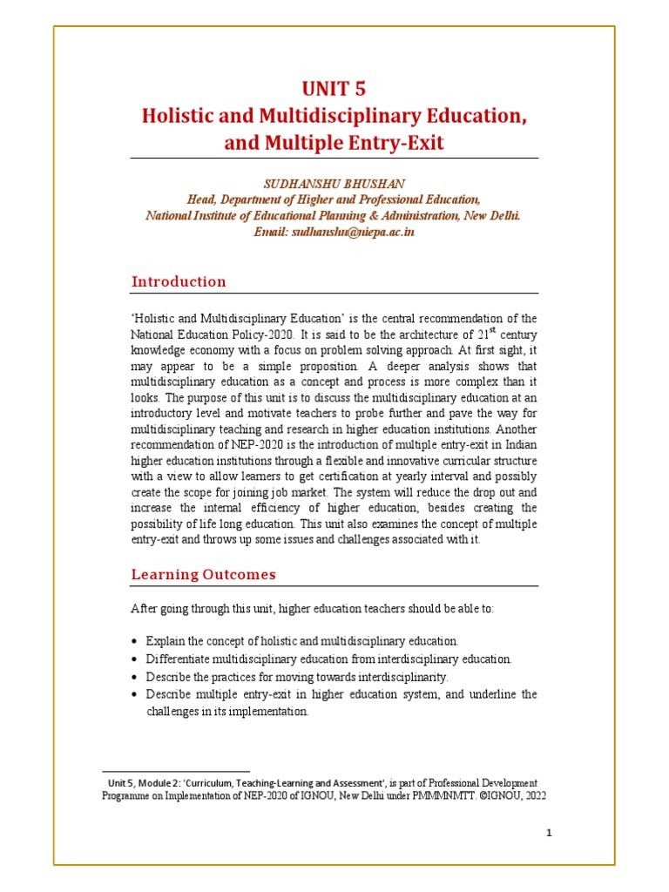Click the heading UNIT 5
[x=334, y=88]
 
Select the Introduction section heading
[x=179, y=281]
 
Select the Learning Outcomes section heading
[x=203, y=574]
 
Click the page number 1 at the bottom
[x=550, y=833]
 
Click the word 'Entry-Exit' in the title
[x=397, y=143]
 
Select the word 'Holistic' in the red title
[x=181, y=115]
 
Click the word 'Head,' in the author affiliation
[x=204, y=200]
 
